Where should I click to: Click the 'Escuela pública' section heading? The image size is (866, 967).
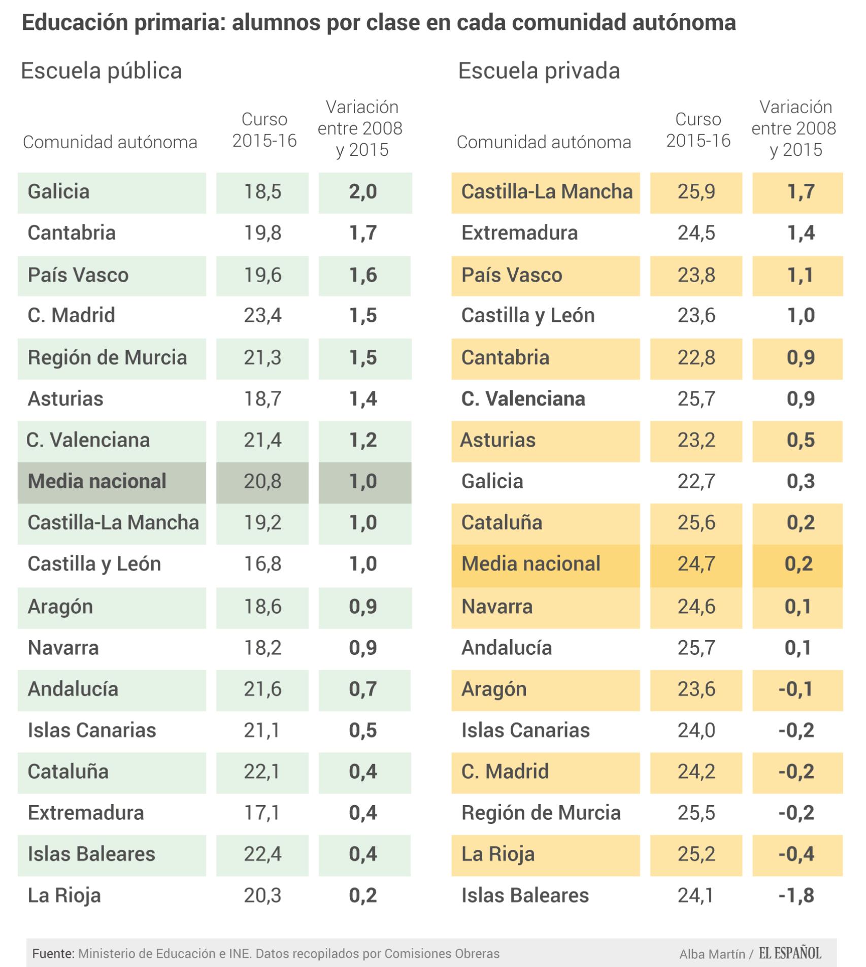coord(101,71)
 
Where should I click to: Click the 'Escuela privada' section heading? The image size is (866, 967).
coord(539,71)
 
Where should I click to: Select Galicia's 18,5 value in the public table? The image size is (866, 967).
coord(262,192)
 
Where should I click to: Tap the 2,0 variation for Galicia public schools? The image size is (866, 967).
coord(363,192)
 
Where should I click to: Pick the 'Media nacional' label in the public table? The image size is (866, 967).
coord(97,481)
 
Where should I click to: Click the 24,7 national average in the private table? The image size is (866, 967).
coord(696,564)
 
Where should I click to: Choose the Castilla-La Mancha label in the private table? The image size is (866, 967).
coord(547,192)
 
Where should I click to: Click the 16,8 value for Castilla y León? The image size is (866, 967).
coord(262,564)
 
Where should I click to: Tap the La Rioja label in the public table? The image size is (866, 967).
coord(64,895)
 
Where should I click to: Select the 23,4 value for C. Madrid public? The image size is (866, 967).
coord(262,315)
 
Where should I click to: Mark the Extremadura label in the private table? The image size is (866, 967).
coord(519,233)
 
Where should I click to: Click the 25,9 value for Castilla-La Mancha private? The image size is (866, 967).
coord(696,192)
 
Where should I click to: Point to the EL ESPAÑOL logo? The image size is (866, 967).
coord(790,953)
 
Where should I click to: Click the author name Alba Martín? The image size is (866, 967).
coord(712,954)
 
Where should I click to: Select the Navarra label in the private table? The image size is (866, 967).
coord(497,607)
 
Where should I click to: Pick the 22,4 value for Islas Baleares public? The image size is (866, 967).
coord(262,854)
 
